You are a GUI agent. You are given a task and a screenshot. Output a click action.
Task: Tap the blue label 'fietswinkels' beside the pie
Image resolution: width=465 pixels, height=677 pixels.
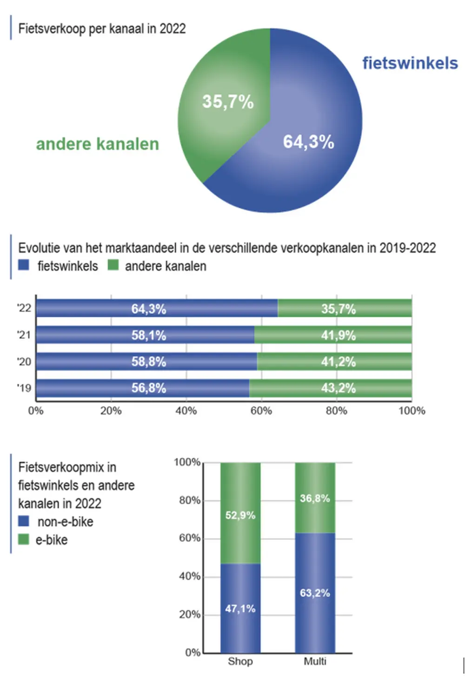tap(410, 63)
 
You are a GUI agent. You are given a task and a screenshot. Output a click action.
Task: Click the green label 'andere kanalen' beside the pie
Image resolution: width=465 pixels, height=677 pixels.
tap(98, 144)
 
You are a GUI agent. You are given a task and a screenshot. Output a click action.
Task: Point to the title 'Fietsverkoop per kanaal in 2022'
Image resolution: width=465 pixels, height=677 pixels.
tap(102, 29)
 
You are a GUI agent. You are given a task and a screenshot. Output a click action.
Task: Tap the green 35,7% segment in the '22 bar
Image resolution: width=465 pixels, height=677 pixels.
tap(344, 308)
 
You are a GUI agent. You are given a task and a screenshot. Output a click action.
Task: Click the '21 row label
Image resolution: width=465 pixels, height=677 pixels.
tap(24, 335)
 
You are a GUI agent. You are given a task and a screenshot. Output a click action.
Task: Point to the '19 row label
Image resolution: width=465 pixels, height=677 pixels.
tap(24, 388)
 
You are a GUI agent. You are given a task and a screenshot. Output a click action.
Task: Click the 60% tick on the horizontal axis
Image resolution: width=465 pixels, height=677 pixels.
tap(261, 411)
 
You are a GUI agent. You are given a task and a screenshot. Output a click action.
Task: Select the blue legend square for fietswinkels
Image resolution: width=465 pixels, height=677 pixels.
tap(24, 265)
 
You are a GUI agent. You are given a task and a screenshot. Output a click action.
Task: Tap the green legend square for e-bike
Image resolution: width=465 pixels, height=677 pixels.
tap(23, 539)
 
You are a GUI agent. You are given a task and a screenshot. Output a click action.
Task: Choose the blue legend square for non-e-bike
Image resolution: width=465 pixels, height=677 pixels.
tap(23, 521)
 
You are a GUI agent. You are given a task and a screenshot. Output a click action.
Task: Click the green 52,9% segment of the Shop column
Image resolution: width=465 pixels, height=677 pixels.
tap(240, 512)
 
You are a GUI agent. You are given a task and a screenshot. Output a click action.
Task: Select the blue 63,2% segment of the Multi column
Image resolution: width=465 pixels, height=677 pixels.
tap(315, 592)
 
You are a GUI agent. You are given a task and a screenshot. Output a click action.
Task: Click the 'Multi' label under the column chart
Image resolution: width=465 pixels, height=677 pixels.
tap(315, 661)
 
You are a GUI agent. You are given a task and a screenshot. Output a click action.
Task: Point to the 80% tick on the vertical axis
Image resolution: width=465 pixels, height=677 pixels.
tap(189, 501)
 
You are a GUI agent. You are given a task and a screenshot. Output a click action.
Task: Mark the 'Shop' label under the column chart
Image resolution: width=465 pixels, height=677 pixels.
tap(240, 661)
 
